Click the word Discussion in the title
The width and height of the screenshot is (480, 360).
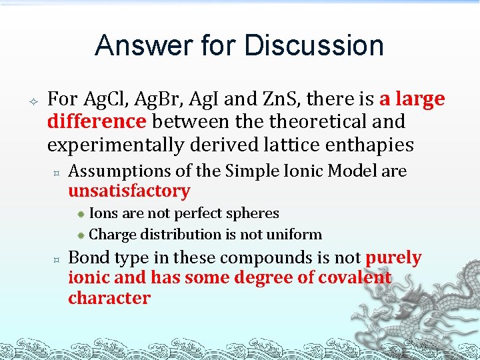click(x=314, y=46)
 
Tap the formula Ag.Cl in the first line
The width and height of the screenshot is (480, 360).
click(x=106, y=99)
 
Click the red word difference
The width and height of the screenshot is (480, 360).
click(x=96, y=121)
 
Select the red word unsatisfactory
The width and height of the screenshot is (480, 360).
click(x=129, y=191)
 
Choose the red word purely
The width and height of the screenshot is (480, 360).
click(x=393, y=257)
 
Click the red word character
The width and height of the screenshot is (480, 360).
click(x=109, y=298)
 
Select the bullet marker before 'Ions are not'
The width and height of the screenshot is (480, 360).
click(x=80, y=214)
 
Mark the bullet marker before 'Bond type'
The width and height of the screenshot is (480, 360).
click(x=57, y=258)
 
